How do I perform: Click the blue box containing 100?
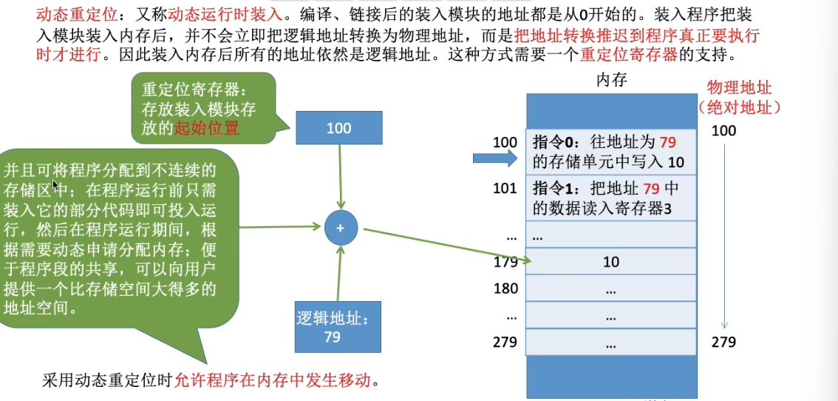338,128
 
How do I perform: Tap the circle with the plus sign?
340,228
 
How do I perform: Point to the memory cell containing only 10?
611,262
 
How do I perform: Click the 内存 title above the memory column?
611,80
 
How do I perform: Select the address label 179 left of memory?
505,262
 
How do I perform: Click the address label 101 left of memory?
505,189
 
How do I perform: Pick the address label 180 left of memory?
505,289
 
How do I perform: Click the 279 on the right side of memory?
723,342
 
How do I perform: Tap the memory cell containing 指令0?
611,152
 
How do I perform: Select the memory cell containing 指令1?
611,198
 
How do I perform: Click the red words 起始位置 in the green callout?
207,127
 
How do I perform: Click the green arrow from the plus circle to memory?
443,244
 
